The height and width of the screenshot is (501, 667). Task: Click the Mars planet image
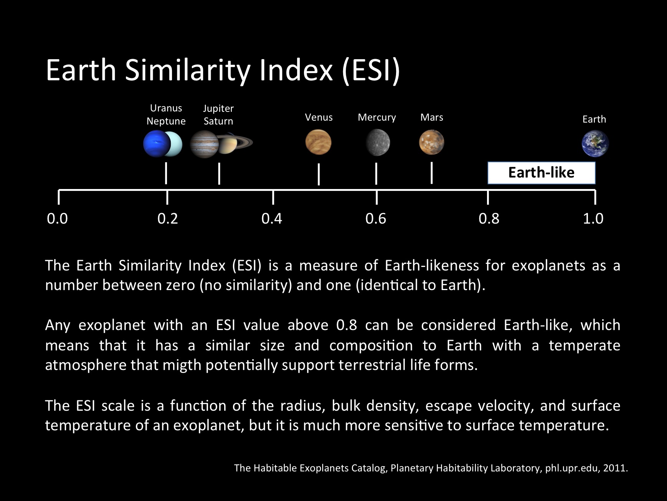point(431,142)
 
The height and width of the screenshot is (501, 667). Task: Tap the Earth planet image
point(595,144)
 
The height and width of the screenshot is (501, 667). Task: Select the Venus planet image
point(318,142)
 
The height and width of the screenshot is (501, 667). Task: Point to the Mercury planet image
point(378,143)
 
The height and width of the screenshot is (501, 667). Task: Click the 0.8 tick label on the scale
point(489,219)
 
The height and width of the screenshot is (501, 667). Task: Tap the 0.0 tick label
point(57,219)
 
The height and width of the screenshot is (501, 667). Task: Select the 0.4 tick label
point(272,219)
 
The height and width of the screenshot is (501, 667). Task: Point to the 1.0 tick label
point(593,219)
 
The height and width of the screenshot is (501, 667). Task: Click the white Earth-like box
point(542,173)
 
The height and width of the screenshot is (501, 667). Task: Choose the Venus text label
point(319,117)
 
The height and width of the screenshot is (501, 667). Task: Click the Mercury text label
point(377,118)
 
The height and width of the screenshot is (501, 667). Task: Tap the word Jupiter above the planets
point(218,109)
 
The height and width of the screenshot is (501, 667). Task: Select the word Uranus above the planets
point(166,108)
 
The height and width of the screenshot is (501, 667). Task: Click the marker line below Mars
point(432,173)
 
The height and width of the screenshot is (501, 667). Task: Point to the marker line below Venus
point(319,174)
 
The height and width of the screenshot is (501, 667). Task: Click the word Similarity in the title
point(187,70)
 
